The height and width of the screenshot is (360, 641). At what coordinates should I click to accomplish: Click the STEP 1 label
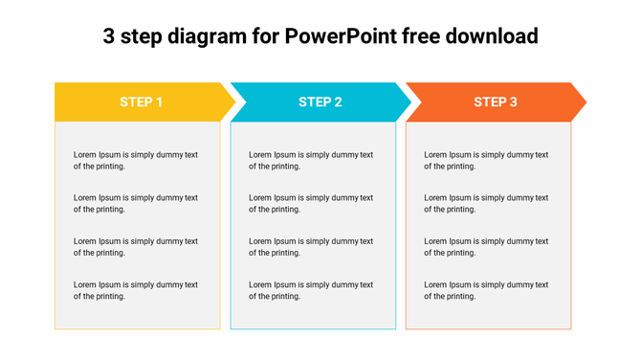[141, 101]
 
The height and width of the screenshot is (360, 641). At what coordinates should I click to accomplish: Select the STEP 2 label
[320, 101]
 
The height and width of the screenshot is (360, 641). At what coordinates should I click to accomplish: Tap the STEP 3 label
[496, 101]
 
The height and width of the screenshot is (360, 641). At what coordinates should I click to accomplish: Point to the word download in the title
[491, 37]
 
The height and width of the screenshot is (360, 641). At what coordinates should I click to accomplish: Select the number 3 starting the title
[108, 37]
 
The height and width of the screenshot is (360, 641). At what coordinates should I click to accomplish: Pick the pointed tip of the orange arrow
[586, 101]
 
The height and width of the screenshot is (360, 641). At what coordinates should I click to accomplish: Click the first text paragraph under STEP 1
[135, 160]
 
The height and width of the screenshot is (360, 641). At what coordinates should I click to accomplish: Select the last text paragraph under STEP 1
[135, 290]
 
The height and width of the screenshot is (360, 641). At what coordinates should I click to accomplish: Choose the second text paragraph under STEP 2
[311, 203]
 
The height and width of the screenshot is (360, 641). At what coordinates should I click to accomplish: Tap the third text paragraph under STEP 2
[311, 247]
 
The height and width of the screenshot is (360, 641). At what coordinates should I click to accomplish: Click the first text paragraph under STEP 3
[486, 160]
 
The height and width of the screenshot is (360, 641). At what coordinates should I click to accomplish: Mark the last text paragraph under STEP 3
[486, 290]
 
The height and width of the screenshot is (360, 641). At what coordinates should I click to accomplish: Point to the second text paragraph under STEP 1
[135, 203]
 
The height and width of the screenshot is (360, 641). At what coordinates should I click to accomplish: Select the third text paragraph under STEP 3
[486, 247]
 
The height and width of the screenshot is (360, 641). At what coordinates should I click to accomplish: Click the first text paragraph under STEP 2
[311, 160]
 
